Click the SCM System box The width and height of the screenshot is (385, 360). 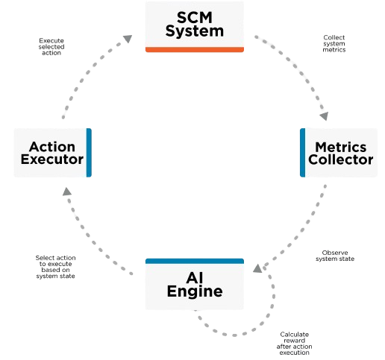tap(195, 27)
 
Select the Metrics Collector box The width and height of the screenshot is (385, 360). tap(339, 153)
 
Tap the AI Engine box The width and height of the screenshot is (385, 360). tap(195, 284)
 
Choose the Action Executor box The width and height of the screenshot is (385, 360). tap(53, 153)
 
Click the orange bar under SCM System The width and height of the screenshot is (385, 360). tap(195, 50)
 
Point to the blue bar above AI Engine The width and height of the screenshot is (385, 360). tap(195, 261)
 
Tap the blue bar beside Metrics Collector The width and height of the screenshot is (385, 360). tap(303, 153)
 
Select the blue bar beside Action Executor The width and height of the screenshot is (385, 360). tap(89, 153)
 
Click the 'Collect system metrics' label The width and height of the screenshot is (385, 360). tap(334, 43)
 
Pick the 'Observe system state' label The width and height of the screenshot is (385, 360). tap(335, 256)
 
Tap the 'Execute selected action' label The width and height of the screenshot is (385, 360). tap(51, 47)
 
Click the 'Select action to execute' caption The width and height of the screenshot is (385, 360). tap(55, 261)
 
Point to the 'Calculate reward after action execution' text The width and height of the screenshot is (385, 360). tap(294, 344)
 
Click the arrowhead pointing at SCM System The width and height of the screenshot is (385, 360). tap(128, 39)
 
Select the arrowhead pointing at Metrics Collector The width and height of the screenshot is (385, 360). tap(325, 116)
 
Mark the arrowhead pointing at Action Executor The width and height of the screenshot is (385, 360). tap(66, 192)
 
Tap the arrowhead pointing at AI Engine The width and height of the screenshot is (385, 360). tap(257, 268)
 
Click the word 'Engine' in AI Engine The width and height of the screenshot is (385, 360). tap(195, 291)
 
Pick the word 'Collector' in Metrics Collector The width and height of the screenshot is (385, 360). tap(341, 160)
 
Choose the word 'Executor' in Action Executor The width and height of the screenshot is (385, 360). tap(52, 159)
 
